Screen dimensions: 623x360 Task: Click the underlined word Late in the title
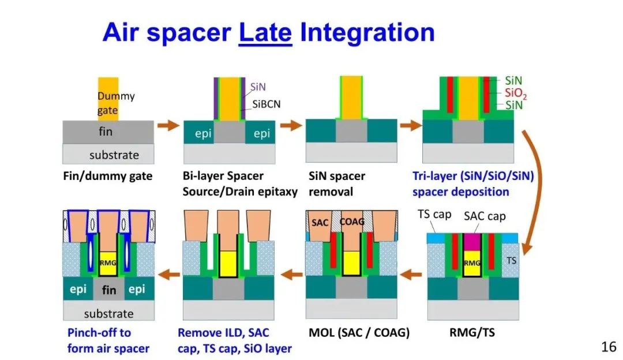[x=265, y=32]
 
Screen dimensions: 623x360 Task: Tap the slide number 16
[x=609, y=347]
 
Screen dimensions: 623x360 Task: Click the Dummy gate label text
[x=116, y=103]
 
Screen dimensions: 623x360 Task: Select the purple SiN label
[x=258, y=87]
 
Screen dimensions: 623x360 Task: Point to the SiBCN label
[x=266, y=104]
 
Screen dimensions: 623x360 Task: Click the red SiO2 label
[x=516, y=93]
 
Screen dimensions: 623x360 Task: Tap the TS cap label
[x=434, y=214]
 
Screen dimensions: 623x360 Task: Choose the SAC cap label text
[x=485, y=216]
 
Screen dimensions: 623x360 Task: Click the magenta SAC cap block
[x=472, y=242]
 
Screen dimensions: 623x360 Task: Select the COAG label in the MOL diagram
[x=352, y=222]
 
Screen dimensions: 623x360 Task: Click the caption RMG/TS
[x=472, y=332]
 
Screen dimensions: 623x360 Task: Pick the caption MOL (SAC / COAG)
[x=359, y=332]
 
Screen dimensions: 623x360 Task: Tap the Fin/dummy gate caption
[x=108, y=175]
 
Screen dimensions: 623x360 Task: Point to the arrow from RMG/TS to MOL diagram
[x=411, y=274]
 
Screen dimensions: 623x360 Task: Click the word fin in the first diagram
[x=106, y=132]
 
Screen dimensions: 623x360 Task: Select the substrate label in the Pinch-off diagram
[x=108, y=314]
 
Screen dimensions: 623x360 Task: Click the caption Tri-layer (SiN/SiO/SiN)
[x=473, y=175]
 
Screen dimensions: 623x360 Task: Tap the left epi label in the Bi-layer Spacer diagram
[x=203, y=133]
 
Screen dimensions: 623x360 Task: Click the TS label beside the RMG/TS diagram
[x=511, y=260]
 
